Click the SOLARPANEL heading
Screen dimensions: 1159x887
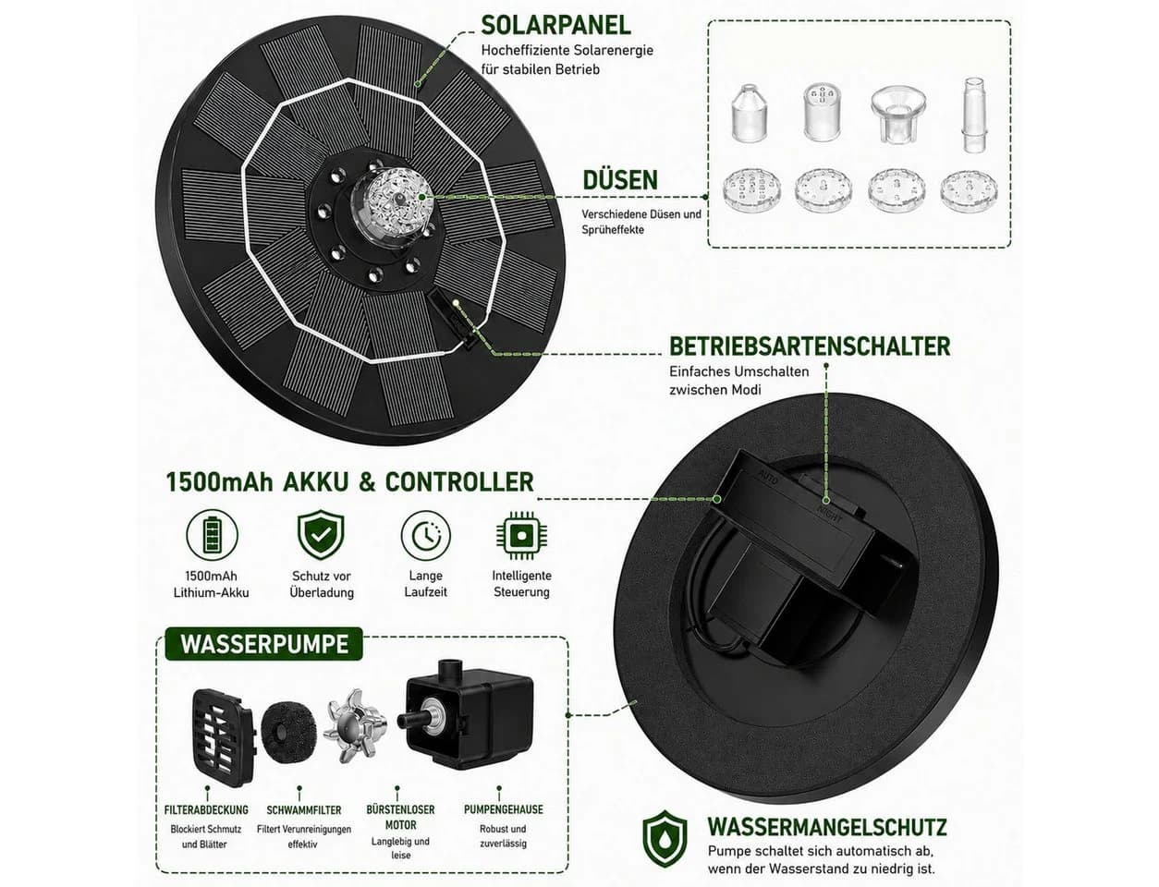555,25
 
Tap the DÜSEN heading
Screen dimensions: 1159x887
620,179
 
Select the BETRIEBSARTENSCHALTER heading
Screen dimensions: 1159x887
810,346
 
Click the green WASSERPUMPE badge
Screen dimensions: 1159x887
264,643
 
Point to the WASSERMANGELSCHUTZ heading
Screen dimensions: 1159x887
827,826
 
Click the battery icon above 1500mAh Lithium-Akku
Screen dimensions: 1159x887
212,535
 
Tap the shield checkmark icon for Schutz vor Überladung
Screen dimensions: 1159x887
321,534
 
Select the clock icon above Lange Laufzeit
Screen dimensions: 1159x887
426,535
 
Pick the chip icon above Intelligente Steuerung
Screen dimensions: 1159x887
521,535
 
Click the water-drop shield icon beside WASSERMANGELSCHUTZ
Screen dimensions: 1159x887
665,839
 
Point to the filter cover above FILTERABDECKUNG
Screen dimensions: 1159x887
223,737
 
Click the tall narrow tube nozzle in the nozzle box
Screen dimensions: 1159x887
974,115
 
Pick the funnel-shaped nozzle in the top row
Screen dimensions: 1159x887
898,115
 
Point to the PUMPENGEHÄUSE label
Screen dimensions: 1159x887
503,809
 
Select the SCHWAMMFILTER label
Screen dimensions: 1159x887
303,809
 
